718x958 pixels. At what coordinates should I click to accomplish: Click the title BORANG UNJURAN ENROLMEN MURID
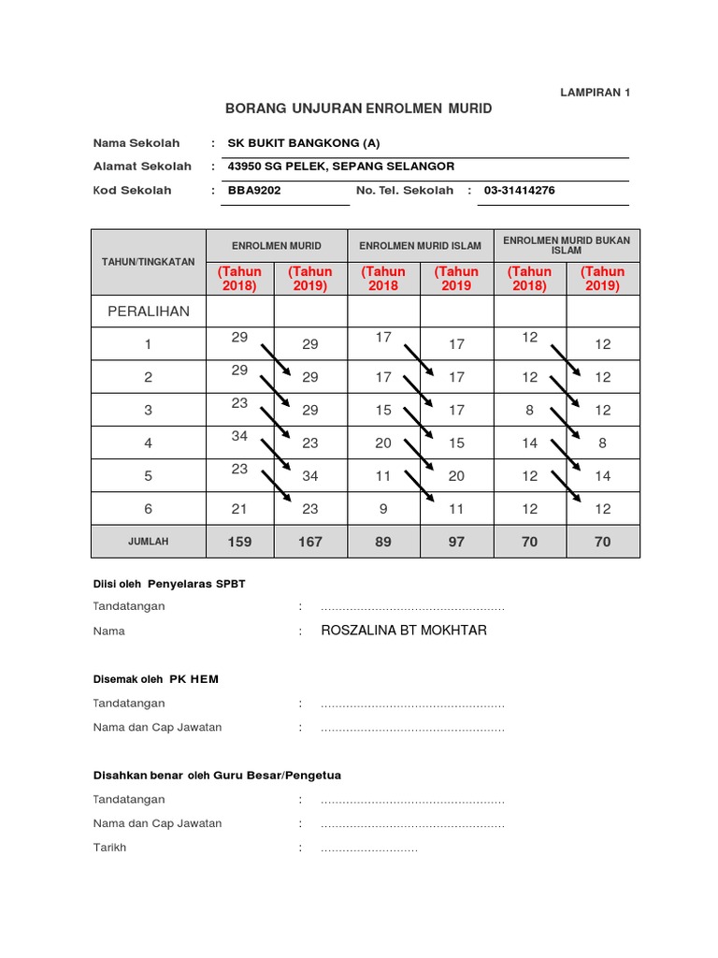tap(358, 109)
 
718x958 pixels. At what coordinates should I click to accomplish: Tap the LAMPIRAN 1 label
tap(595, 92)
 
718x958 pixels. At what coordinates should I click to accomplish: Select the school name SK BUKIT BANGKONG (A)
tap(305, 143)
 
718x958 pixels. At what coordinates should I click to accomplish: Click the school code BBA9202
tap(254, 190)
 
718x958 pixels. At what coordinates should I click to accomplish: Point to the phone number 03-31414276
tap(519, 190)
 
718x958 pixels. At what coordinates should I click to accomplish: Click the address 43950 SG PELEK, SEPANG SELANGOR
tap(341, 167)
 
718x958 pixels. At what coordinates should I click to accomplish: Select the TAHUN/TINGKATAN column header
tap(148, 262)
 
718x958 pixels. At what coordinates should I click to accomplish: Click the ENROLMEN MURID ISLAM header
tap(420, 246)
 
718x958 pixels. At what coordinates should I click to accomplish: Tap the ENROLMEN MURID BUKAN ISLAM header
tap(567, 245)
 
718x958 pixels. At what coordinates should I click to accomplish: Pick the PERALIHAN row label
tap(148, 311)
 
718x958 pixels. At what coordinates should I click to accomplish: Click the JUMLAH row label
tap(148, 542)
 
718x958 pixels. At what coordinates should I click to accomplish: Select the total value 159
tap(238, 542)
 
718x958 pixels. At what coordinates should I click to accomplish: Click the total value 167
tap(310, 542)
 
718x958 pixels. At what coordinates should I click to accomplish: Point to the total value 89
tap(383, 542)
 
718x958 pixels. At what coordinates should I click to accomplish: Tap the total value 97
tap(456, 542)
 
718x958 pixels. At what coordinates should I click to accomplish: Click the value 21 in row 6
tap(238, 509)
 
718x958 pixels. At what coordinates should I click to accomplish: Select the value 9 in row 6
tap(383, 509)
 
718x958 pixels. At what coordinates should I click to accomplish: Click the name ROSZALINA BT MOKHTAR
tap(404, 631)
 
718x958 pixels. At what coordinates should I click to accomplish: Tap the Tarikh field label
tap(109, 848)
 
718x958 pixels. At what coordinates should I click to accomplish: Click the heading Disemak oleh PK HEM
tap(155, 679)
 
